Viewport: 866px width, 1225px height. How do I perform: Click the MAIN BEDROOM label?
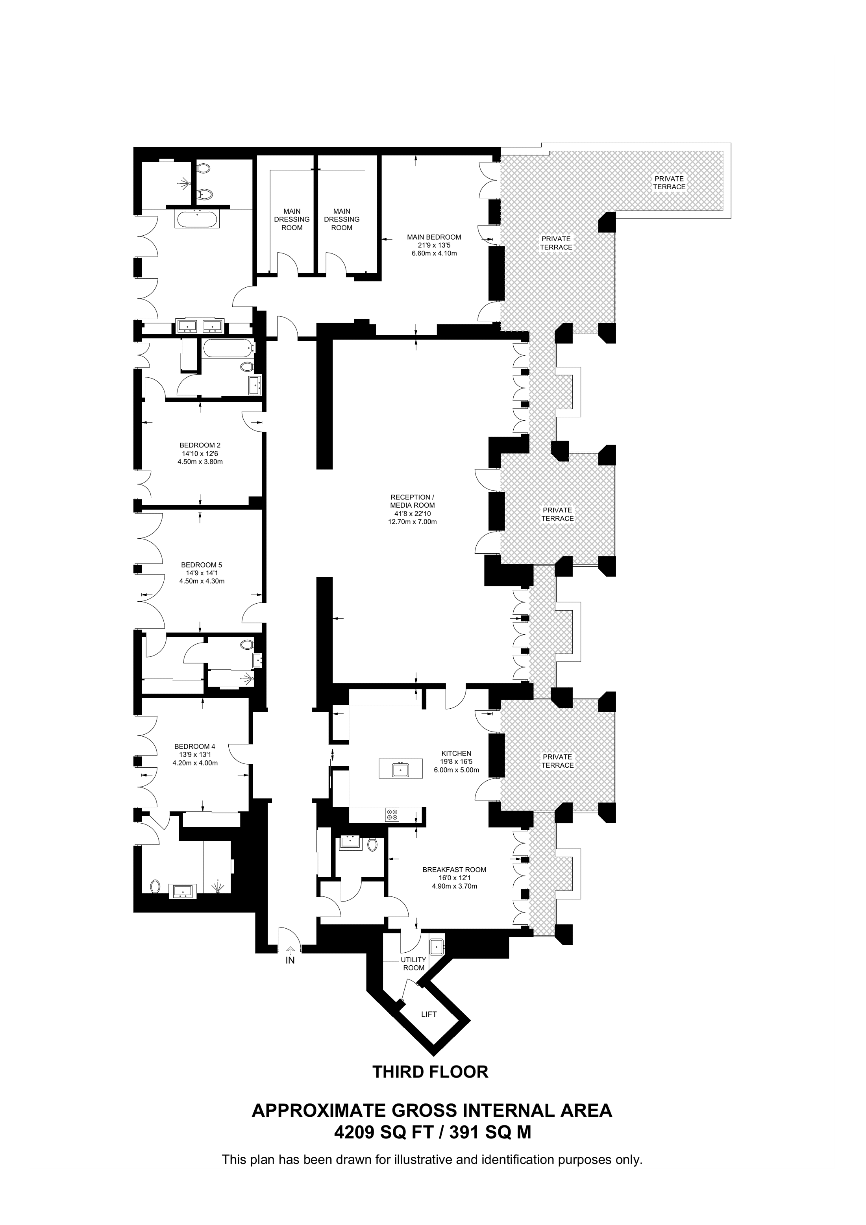click(434, 237)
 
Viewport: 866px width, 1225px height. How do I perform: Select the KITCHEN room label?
click(456, 753)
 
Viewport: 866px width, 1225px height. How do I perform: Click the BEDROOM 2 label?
click(200, 445)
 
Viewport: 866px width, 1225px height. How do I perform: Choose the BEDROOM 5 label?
click(201, 564)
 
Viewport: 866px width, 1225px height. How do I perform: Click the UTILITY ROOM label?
click(414, 964)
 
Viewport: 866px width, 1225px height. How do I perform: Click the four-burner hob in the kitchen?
click(392, 815)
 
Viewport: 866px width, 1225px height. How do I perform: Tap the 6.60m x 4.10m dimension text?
click(434, 253)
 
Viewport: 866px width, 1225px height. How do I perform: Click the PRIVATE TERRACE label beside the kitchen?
click(558, 761)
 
